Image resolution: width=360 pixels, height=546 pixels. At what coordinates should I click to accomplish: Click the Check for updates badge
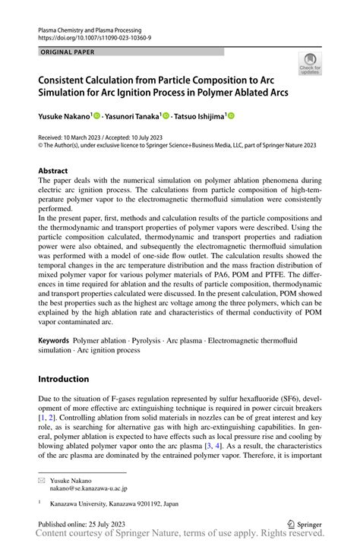point(310,64)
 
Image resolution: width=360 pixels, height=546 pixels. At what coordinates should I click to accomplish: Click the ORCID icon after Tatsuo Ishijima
point(231,115)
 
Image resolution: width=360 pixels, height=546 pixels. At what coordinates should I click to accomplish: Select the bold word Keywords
point(58,340)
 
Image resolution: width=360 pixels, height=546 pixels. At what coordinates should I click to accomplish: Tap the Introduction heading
point(63,379)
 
